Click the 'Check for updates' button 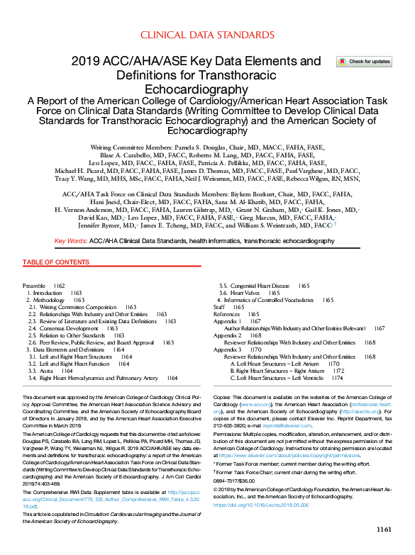point(365,62)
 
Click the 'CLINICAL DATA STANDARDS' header point(206,34)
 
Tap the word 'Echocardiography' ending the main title point(206,90)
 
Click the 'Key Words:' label point(71,241)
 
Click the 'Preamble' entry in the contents point(34,284)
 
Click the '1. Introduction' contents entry point(45,292)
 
